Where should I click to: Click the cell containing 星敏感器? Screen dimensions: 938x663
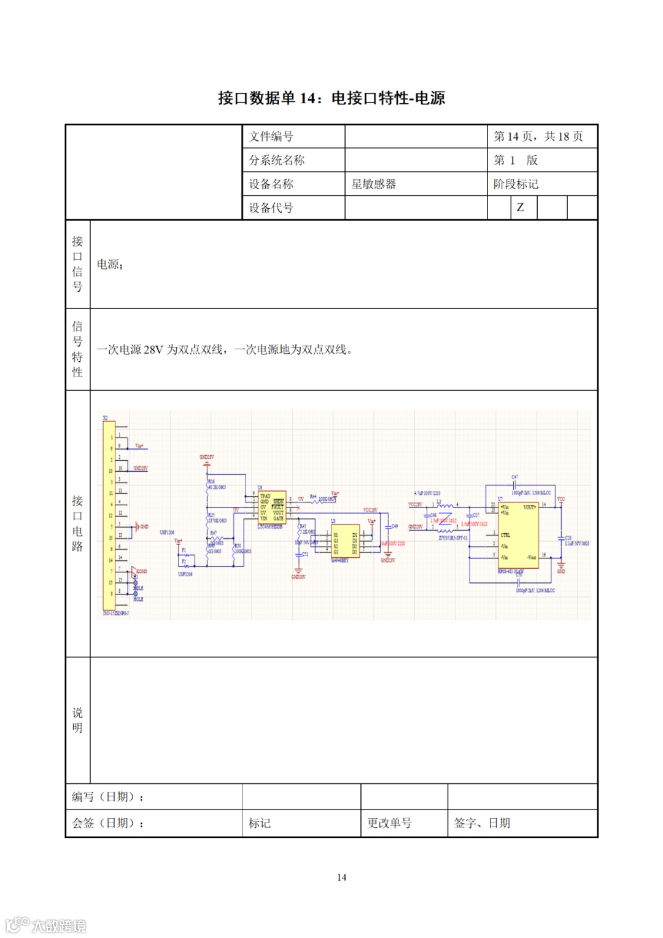373,184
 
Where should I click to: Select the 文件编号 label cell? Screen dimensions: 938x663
271,136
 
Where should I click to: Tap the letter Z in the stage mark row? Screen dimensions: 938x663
520,207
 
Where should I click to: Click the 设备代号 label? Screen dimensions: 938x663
271,208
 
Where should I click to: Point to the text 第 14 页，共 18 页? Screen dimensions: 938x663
538,136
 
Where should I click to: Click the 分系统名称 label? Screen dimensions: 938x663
276,160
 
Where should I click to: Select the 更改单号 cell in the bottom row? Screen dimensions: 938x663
389,823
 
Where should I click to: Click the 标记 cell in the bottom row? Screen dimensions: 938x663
260,823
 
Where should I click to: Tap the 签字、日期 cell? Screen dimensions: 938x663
482,823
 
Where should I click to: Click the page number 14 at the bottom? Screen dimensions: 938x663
341,877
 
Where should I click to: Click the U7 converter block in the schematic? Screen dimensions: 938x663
519,534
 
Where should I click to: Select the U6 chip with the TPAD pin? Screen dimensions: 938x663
271,507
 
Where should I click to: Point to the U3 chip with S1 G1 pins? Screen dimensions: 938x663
345,540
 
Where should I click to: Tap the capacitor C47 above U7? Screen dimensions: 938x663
515,485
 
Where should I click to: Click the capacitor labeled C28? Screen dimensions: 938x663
560,539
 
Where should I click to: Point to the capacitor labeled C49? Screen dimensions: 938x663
388,527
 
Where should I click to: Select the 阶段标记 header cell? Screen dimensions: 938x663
516,184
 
